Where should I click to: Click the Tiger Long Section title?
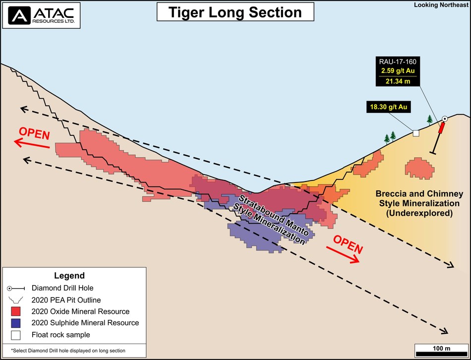(x=235, y=12)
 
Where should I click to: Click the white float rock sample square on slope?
(x=416, y=133)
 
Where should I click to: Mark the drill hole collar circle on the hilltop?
(x=445, y=119)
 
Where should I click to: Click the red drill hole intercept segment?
(x=440, y=129)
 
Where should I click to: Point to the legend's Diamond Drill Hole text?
(x=63, y=288)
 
